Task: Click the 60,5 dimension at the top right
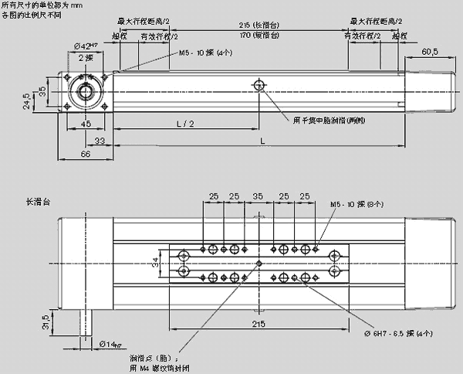431,52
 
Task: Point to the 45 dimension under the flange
86,124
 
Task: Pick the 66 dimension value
86,155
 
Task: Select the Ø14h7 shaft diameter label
111,343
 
